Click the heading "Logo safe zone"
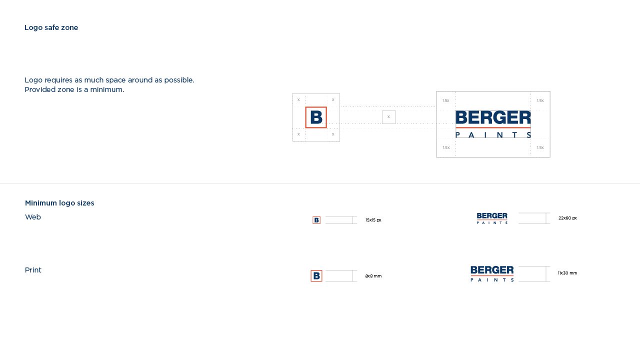pyautogui.click(x=51, y=27)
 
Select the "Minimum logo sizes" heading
pyautogui.click(x=59, y=203)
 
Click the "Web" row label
pyautogui.click(x=33, y=217)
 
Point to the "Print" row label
pyautogui.click(x=33, y=270)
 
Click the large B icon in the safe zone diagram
pyautogui.click(x=316, y=117)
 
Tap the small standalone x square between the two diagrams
pyautogui.click(x=388, y=117)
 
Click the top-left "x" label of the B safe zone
pyautogui.click(x=298, y=99)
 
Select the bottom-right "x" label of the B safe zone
pyautogui.click(x=333, y=134)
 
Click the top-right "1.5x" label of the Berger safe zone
pyautogui.click(x=540, y=100)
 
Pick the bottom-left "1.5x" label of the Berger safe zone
pyautogui.click(x=446, y=147)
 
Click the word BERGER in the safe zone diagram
pyautogui.click(x=493, y=117)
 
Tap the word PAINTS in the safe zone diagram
pyautogui.click(x=493, y=134)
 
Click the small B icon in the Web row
pyautogui.click(x=316, y=220)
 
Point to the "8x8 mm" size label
pyautogui.click(x=373, y=276)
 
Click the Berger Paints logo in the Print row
pyautogui.click(x=492, y=273)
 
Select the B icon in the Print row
pyautogui.click(x=316, y=276)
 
